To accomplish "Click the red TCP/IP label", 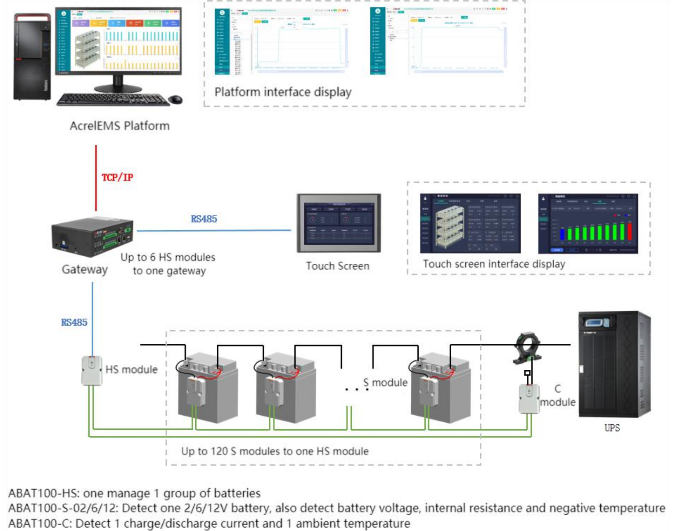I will (117, 177).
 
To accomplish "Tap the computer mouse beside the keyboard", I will (175, 100).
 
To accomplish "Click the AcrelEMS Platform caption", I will (120, 126).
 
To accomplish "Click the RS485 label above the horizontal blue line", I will (204, 219).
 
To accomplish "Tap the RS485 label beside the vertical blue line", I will (74, 322).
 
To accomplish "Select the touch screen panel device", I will (339, 223).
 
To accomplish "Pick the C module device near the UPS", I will (529, 398).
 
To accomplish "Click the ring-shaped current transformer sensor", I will (527, 348).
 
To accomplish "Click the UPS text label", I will (612, 428).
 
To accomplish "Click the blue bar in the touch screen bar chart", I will (562, 234).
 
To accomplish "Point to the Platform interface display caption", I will (283, 92).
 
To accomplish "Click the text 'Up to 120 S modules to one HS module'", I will (275, 451).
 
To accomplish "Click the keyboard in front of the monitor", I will (113, 100).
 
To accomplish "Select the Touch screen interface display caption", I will (493, 264).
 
